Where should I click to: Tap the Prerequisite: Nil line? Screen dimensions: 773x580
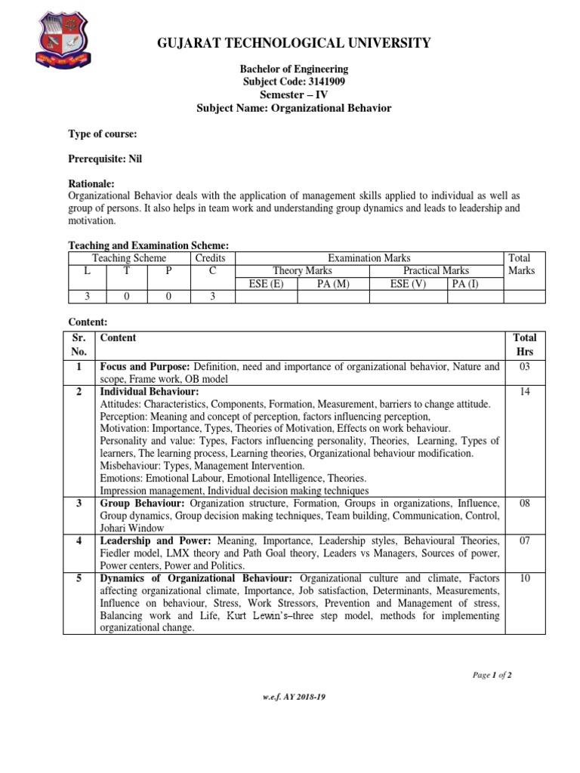105,159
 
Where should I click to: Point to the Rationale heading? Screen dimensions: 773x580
91,183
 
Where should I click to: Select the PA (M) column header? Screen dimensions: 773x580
333,284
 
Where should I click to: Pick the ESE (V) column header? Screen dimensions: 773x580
408,284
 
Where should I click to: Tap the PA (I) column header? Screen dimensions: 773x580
466,284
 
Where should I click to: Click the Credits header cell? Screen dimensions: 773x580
211,258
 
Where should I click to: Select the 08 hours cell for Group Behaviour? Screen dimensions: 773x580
525,503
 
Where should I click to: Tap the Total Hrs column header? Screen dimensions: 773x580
525,344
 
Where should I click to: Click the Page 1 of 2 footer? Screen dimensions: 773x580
492,675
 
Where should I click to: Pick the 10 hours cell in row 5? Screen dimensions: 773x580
525,578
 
